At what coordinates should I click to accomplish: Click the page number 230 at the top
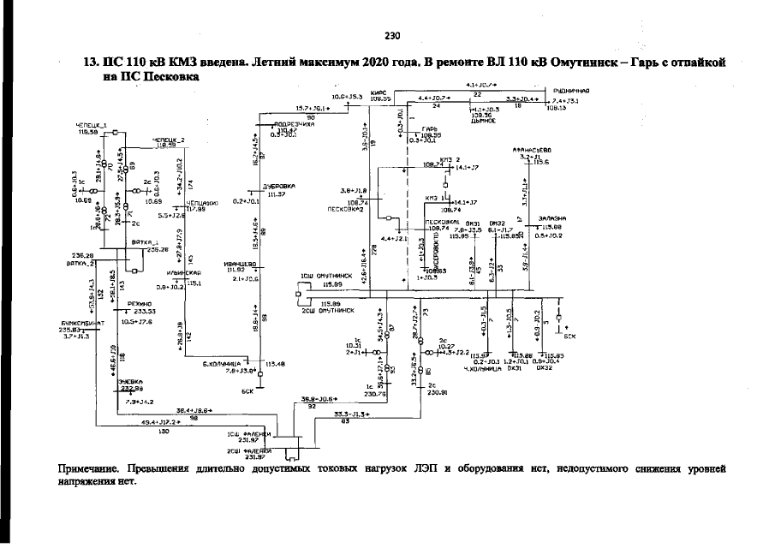pos(393,36)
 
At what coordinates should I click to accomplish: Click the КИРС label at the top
pos(380,92)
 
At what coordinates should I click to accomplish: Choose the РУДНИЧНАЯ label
pos(572,90)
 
